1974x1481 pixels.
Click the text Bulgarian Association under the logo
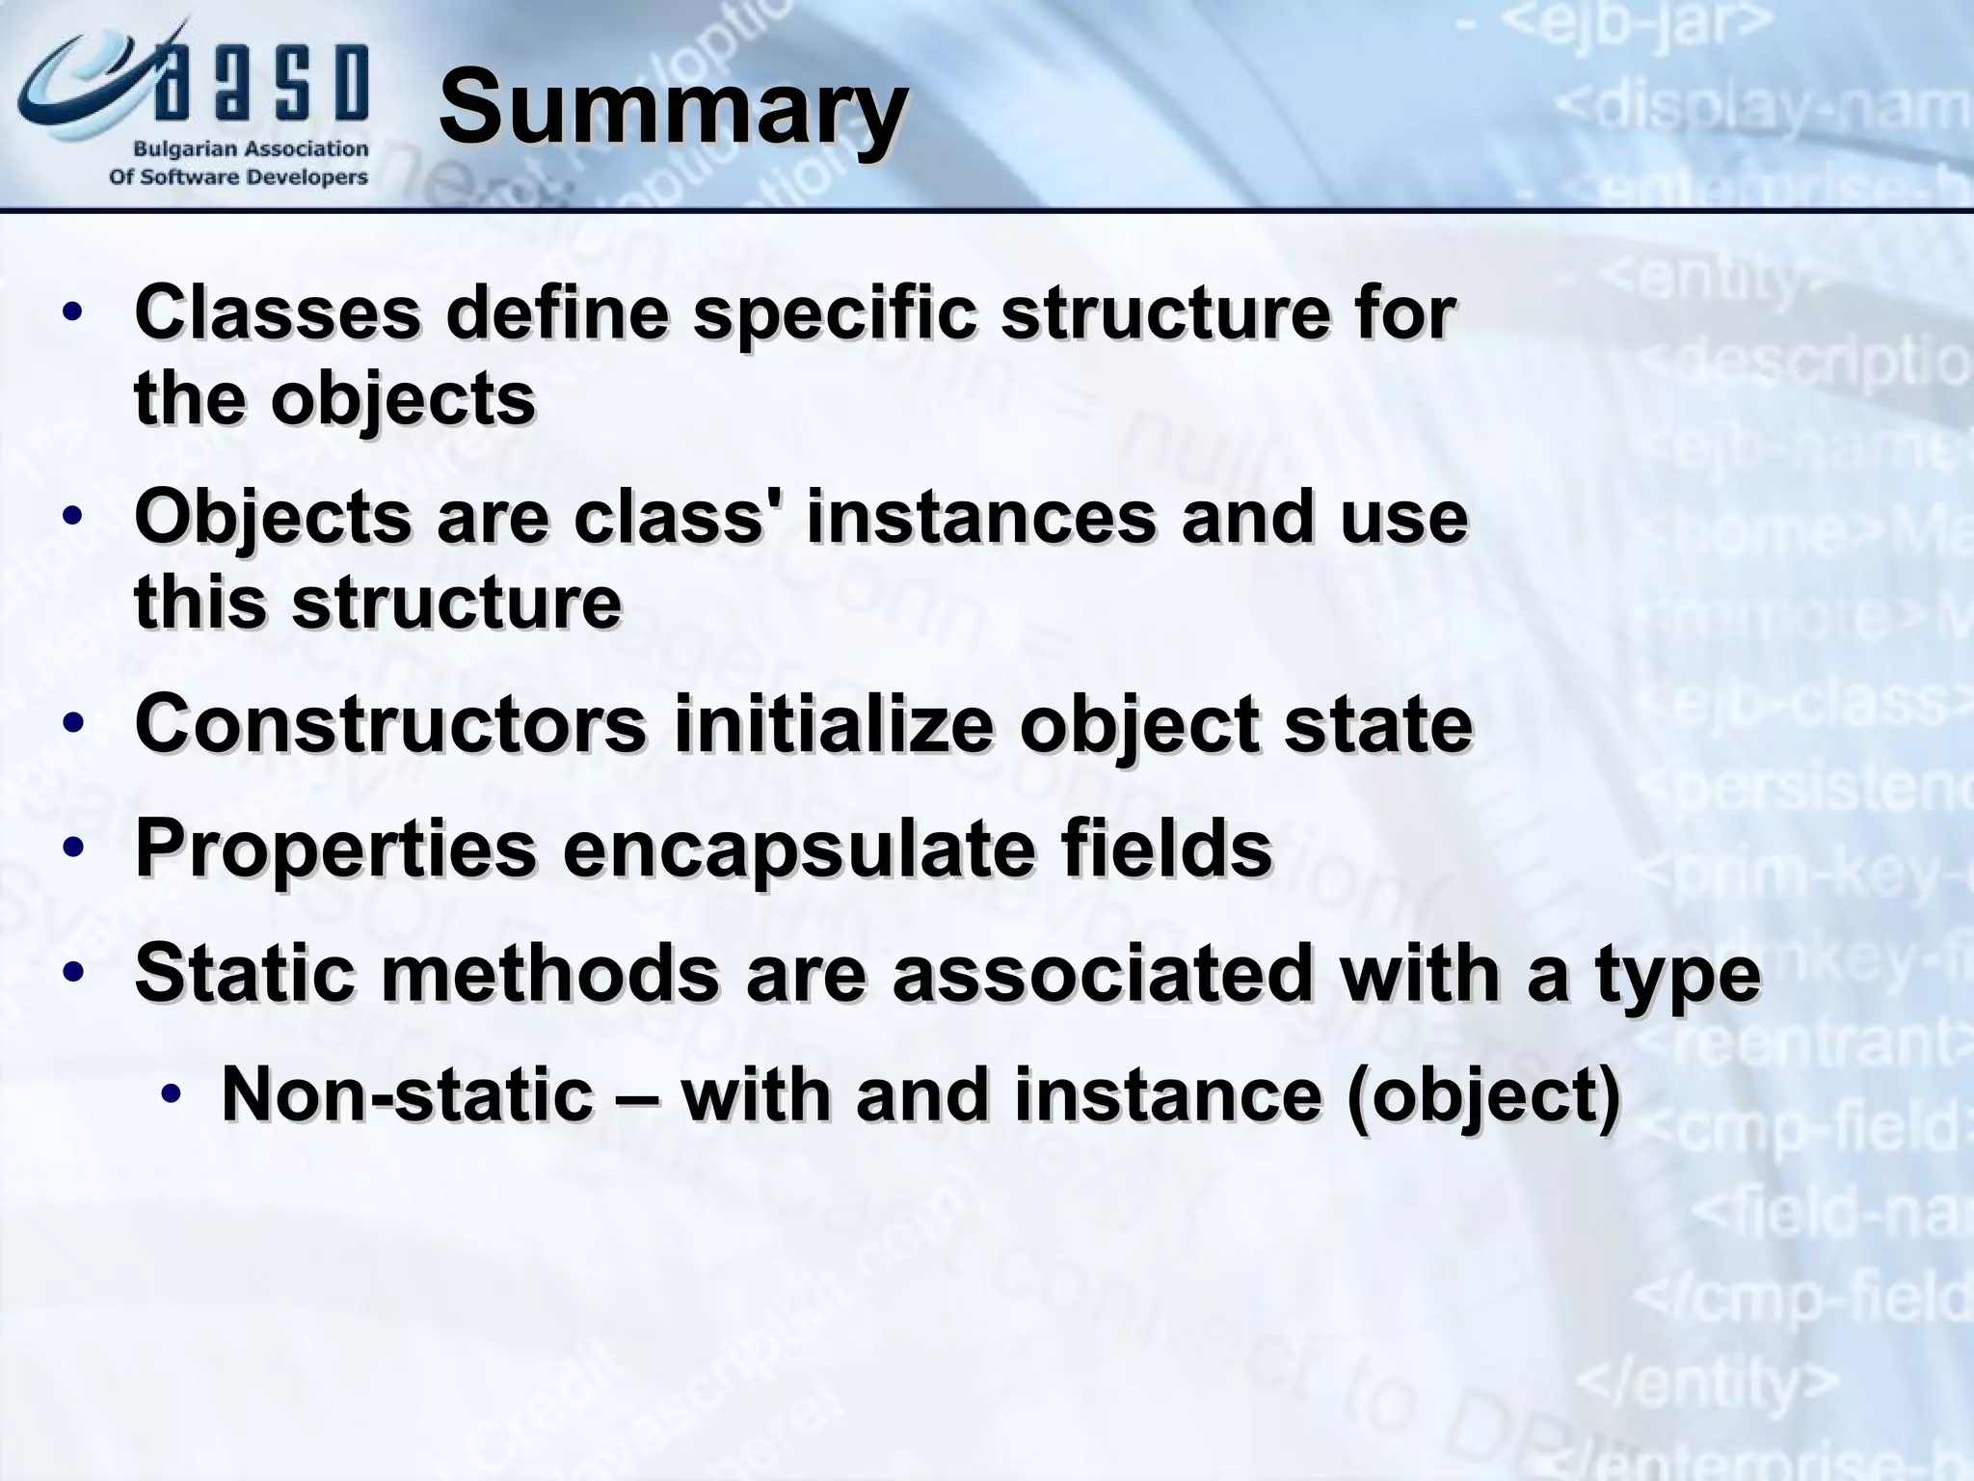251,149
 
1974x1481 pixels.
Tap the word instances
980,517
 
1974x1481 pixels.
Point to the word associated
1102,972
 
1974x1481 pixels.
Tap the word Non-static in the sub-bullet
407,1094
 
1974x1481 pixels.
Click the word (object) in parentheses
1482,1096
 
